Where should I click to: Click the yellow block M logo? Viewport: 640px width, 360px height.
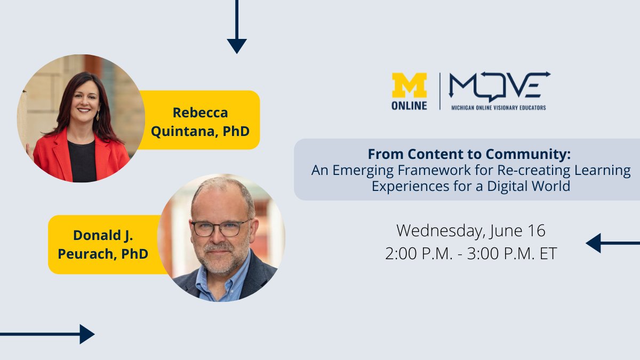tap(410, 85)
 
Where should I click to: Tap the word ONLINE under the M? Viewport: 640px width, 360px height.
tap(410, 106)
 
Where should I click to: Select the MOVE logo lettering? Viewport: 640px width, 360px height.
tap(499, 85)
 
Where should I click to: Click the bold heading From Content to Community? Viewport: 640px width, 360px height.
tap(469, 155)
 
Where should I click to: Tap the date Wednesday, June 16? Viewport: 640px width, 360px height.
tap(471, 231)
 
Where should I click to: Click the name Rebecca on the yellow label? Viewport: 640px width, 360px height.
tap(200, 113)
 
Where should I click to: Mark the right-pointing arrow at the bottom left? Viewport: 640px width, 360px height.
tap(85, 334)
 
